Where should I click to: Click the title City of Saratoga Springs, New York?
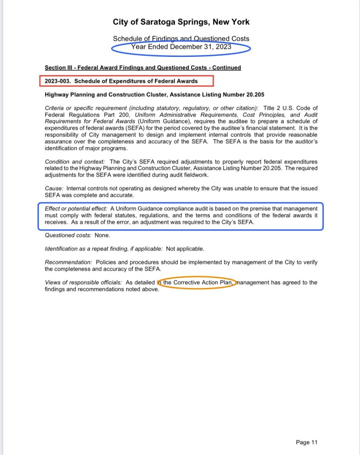[181, 22]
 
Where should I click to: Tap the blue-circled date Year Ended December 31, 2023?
[181, 47]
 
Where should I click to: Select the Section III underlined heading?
[143, 68]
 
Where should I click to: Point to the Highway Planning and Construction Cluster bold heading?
[154, 95]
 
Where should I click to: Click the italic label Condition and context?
[76, 161]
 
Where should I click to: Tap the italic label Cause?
[54, 188]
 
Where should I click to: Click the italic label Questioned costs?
[68, 235]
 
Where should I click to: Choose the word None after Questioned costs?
[103, 235]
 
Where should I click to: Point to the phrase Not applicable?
[185, 249]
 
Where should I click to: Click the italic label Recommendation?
[69, 262]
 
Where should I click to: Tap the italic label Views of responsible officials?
[83, 283]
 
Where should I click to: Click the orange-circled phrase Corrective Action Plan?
[202, 283]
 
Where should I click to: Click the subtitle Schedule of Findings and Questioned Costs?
[181, 39]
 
